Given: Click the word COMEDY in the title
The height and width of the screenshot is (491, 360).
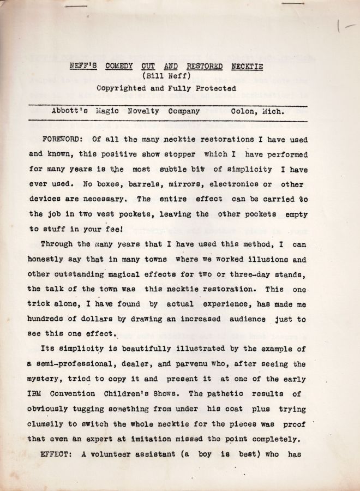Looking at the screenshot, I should (116, 67).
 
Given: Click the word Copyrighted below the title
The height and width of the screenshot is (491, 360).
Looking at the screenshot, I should (122, 87).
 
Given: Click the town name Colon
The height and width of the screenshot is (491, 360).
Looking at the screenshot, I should (244, 111).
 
